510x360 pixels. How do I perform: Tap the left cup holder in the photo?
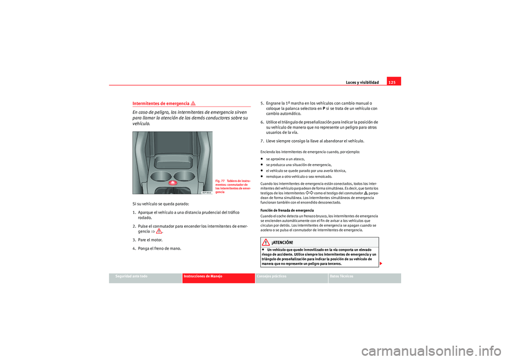point(161,176)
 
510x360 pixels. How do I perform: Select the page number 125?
point(394,82)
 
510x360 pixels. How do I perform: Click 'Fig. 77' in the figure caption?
point(220,181)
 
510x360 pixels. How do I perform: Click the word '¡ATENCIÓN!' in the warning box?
point(282,243)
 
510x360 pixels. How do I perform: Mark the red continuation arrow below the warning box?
point(382,264)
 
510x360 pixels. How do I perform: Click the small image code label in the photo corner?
point(206,192)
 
